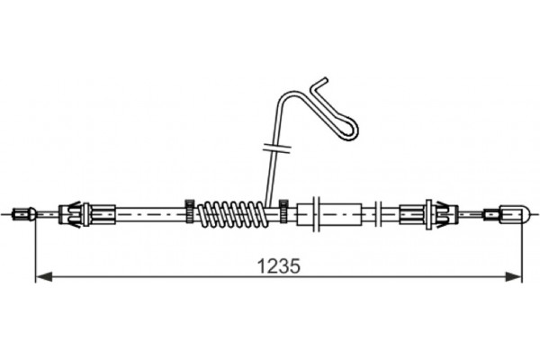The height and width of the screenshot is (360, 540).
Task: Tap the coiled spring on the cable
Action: (231, 214)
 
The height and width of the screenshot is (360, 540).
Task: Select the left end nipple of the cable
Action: (24, 214)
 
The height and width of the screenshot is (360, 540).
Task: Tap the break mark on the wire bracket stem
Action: (274, 146)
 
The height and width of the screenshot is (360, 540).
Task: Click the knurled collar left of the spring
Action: (190, 214)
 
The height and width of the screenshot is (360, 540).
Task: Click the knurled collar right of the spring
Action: (283, 214)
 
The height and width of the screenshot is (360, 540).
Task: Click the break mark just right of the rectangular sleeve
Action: (378, 214)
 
